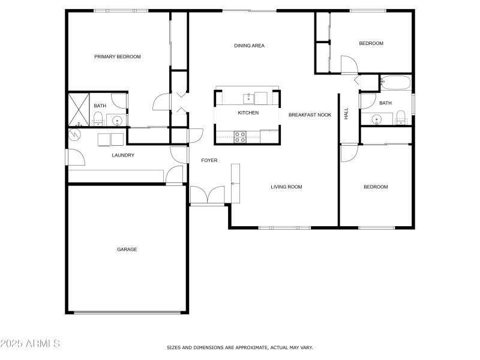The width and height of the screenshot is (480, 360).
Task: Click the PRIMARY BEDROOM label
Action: pyautogui.click(x=117, y=57)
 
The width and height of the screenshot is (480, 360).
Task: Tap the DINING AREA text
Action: pyautogui.click(x=249, y=46)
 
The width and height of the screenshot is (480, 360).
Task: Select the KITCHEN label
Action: pyautogui.click(x=248, y=113)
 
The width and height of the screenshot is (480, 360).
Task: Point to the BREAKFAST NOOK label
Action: pyautogui.click(x=310, y=115)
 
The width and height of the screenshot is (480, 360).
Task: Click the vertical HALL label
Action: pyautogui.click(x=346, y=113)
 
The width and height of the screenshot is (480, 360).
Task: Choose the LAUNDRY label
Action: pyautogui.click(x=123, y=155)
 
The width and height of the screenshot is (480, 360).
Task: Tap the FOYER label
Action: pyautogui.click(x=209, y=160)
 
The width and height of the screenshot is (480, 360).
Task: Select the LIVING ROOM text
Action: pyautogui.click(x=286, y=187)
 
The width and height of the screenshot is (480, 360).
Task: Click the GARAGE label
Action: pyautogui.click(x=127, y=250)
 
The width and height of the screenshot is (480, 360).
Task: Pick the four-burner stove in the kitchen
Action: pyautogui.click(x=239, y=137)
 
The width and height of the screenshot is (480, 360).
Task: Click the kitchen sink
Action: pyautogui.click(x=248, y=97)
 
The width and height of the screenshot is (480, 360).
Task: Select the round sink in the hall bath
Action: pyautogui.click(x=377, y=119)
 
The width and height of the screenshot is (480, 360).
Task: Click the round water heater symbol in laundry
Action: pyautogui.click(x=75, y=134)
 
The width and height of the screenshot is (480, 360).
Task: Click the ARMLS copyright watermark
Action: pyautogui.click(x=30, y=344)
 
